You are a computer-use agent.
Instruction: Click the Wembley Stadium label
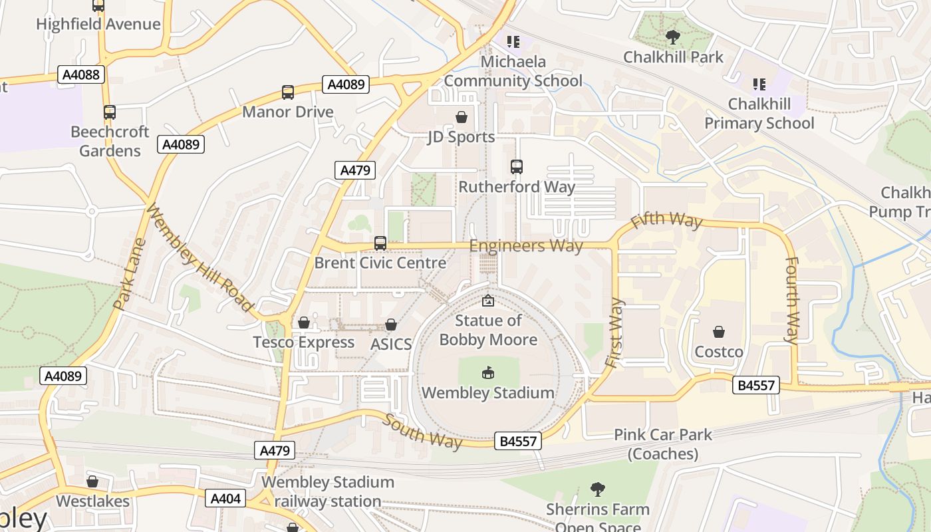pyautogui.click(x=487, y=392)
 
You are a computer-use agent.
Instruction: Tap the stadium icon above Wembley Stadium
pyautogui.click(x=488, y=372)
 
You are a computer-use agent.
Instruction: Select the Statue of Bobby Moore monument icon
pyautogui.click(x=488, y=301)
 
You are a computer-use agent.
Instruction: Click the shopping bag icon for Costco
pyautogui.click(x=718, y=331)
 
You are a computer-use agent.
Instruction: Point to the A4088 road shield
pyautogui.click(x=82, y=74)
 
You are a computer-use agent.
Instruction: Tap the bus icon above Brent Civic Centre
pyautogui.click(x=380, y=243)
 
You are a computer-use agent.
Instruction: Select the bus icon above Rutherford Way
pyautogui.click(x=517, y=167)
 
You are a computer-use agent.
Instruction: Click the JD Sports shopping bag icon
pyautogui.click(x=462, y=118)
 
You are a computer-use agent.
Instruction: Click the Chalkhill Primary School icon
pyautogui.click(x=759, y=84)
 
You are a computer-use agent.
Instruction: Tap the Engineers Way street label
pyautogui.click(x=526, y=246)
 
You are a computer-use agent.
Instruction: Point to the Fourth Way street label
pyautogui.click(x=791, y=299)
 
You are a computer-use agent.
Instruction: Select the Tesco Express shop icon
pyautogui.click(x=304, y=323)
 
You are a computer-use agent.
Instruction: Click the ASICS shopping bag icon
pyautogui.click(x=391, y=325)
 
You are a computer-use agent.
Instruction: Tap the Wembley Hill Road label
pyautogui.click(x=199, y=257)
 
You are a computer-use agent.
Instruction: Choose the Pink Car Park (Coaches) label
pyautogui.click(x=662, y=444)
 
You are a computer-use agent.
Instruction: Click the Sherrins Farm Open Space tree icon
pyautogui.click(x=597, y=490)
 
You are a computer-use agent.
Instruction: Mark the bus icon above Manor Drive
pyautogui.click(x=288, y=92)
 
